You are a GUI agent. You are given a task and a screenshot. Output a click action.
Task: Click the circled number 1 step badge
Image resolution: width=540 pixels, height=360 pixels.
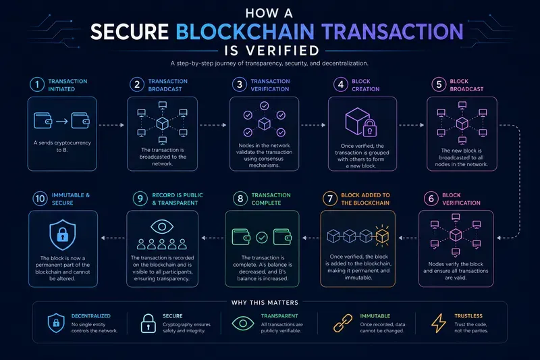[37, 84]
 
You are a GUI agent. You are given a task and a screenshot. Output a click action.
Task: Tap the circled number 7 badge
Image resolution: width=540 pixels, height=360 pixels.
[329, 199]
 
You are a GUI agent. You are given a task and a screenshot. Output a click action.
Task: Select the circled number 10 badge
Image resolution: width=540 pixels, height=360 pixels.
[40, 199]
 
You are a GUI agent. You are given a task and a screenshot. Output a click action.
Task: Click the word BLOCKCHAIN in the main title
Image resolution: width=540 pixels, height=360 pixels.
[245, 32]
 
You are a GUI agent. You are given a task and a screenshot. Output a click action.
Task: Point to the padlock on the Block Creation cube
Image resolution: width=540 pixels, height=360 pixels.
[369, 128]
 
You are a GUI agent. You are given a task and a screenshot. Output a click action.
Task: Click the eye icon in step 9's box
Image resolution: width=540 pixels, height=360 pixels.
[162, 227]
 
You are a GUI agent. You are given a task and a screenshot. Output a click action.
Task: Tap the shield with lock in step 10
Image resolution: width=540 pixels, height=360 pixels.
[62, 234]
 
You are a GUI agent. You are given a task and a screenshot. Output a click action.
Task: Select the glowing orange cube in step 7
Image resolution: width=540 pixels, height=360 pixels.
[382, 236]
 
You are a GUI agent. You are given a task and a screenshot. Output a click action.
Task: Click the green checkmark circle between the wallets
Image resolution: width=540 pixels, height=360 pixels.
[262, 237]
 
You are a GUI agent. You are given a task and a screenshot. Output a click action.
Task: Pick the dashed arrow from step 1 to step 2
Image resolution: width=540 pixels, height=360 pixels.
[111, 125]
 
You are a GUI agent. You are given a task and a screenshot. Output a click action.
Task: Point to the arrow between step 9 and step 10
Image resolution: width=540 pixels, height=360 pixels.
[113, 238]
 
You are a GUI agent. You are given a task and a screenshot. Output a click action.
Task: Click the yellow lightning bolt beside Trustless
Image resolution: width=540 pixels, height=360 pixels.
[439, 323]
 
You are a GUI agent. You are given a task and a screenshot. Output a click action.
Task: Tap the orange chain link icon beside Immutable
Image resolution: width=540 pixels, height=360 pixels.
[343, 323]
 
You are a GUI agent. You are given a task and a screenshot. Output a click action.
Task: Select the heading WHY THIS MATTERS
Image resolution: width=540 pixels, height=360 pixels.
[265, 303]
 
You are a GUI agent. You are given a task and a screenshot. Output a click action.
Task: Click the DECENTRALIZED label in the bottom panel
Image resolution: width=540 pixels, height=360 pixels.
[91, 316]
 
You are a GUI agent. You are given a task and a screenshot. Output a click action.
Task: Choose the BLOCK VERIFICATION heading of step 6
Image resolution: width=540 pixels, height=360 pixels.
[461, 199]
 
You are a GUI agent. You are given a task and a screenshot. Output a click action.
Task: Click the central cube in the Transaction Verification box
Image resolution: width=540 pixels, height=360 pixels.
[264, 124]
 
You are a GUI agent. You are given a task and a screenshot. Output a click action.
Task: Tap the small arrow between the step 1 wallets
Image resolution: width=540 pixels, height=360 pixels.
[61, 121]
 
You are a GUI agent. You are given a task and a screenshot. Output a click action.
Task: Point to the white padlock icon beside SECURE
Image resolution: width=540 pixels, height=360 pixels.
[148, 323]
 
